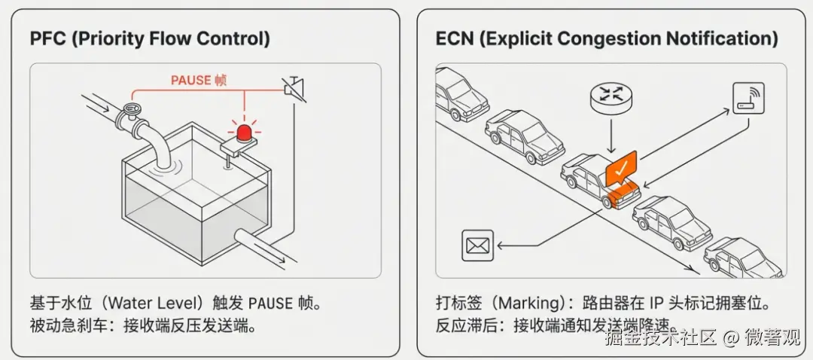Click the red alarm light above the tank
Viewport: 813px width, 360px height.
[245, 133]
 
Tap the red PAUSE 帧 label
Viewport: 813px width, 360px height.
[199, 80]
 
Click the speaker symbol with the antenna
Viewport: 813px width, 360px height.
[291, 88]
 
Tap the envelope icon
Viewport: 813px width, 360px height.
[477, 245]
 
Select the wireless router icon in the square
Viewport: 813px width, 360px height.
[748, 98]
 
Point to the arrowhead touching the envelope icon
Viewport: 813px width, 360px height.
[499, 245]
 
